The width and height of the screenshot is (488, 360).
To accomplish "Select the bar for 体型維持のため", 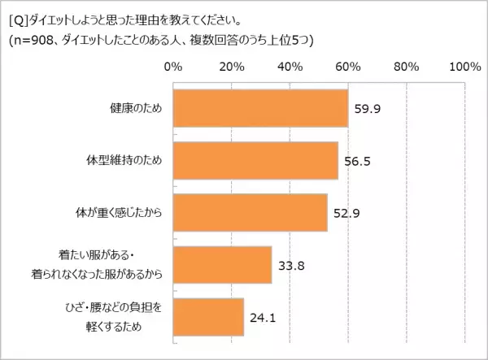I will (255, 161).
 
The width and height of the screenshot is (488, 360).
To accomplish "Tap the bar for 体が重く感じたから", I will (250, 213).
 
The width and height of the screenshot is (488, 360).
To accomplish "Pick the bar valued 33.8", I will (222, 263).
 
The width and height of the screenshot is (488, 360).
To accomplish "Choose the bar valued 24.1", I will (208, 316).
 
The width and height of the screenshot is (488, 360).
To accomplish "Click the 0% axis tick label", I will (173, 66).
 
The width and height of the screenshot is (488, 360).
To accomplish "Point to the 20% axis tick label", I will (232, 66).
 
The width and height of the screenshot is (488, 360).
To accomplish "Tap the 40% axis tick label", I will (290, 66).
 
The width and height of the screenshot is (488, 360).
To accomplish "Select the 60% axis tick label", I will (348, 66).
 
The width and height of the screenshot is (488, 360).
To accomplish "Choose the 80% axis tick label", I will (407, 66).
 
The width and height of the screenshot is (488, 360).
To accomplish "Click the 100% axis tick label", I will (464, 66).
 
